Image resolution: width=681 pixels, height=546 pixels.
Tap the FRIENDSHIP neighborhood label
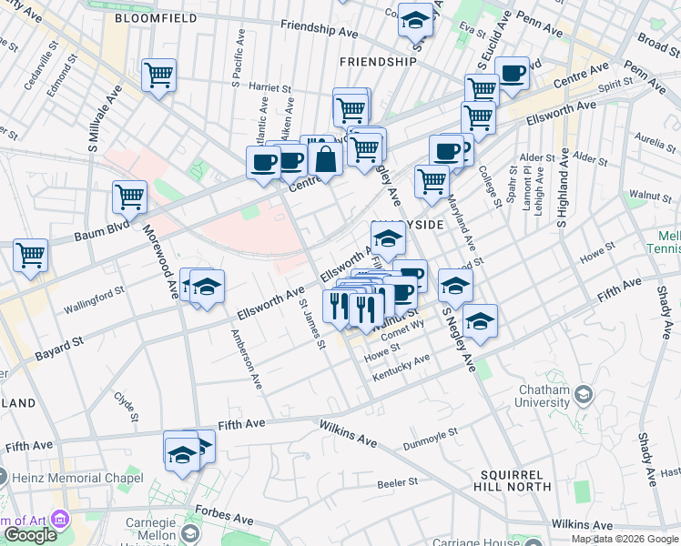tap(377, 62)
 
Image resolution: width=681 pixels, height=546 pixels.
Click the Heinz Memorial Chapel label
tap(78, 478)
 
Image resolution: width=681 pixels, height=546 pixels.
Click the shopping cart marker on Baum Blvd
tap(130, 197)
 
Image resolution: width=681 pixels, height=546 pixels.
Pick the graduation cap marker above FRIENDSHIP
tap(415, 19)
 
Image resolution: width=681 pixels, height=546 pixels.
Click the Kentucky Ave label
tap(401, 366)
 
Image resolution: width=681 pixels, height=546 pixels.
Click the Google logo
tap(31, 535)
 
